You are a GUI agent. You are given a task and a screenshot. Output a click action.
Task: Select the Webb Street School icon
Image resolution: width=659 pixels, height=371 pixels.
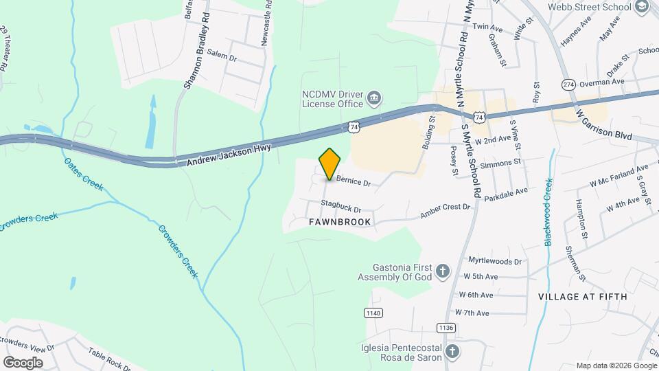click(643, 7)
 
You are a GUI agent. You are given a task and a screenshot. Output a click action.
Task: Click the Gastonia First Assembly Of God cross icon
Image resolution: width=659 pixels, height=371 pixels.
click(443, 271)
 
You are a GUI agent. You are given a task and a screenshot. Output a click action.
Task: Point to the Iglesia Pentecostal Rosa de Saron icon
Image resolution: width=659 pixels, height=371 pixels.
click(452, 352)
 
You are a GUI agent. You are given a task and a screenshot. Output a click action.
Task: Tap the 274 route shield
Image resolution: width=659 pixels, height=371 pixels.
click(568, 84)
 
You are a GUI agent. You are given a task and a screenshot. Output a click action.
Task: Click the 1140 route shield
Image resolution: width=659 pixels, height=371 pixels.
click(373, 313)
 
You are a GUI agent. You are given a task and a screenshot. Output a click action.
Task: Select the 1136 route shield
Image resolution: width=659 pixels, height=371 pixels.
click(446, 328)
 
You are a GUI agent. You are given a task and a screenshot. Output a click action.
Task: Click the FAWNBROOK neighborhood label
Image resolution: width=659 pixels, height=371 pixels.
click(339, 222)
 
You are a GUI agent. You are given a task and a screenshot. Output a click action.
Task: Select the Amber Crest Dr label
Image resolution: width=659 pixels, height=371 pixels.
click(445, 212)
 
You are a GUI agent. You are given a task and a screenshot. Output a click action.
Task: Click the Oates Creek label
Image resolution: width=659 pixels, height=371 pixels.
click(83, 172)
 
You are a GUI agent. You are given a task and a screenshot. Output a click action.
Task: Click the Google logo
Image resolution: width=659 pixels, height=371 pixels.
click(23, 362)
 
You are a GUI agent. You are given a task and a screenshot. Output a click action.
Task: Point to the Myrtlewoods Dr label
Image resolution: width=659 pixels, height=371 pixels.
click(494, 261)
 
